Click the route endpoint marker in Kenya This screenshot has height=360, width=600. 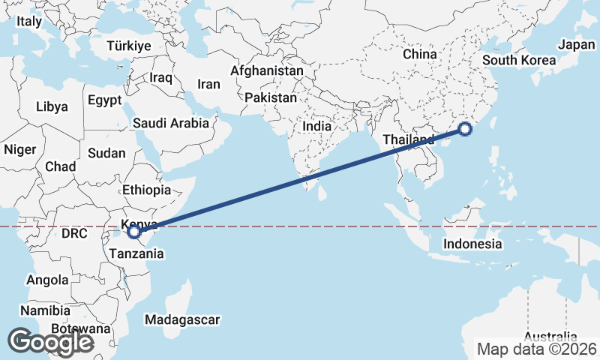(x=134, y=232)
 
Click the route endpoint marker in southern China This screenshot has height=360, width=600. (x=465, y=129)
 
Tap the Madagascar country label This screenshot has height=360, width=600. (x=183, y=320)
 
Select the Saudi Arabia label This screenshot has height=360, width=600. (x=170, y=123)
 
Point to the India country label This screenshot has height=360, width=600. (x=316, y=127)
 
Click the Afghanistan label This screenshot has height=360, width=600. (x=267, y=71)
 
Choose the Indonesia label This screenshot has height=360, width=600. (x=472, y=244)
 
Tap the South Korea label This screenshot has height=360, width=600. (x=519, y=61)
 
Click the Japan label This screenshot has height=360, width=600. (x=577, y=45)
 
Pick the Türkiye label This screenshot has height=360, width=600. (x=128, y=46)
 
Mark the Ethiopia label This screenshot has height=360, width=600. (x=146, y=190)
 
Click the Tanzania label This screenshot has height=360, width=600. (x=136, y=253)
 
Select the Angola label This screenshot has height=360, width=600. (x=47, y=280)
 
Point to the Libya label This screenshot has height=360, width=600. (x=52, y=107)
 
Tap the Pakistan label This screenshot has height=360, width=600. (x=271, y=97)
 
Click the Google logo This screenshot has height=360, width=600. (x=50, y=342)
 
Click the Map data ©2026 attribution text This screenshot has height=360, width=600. (x=537, y=349)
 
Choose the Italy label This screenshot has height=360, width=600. (x=29, y=22)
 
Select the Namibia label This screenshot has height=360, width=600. (x=46, y=310)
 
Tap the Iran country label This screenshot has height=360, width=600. (x=208, y=84)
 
